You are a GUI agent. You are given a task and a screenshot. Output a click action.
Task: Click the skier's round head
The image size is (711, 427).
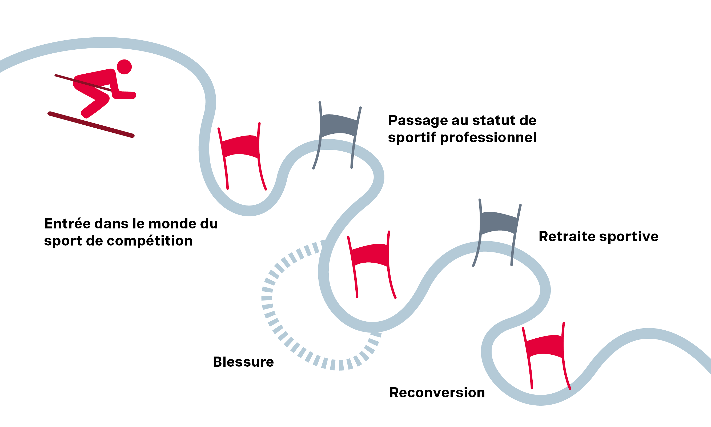[124, 67]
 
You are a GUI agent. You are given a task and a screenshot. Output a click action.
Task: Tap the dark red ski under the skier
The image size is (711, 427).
[91, 125]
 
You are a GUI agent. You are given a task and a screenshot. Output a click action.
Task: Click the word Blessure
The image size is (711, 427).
[243, 362]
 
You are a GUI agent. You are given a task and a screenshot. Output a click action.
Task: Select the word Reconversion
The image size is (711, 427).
[437, 393]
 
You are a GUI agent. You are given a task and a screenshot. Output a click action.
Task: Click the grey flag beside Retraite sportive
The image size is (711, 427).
[499, 223]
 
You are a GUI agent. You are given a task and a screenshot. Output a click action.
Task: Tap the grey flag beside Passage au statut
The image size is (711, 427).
[339, 126]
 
